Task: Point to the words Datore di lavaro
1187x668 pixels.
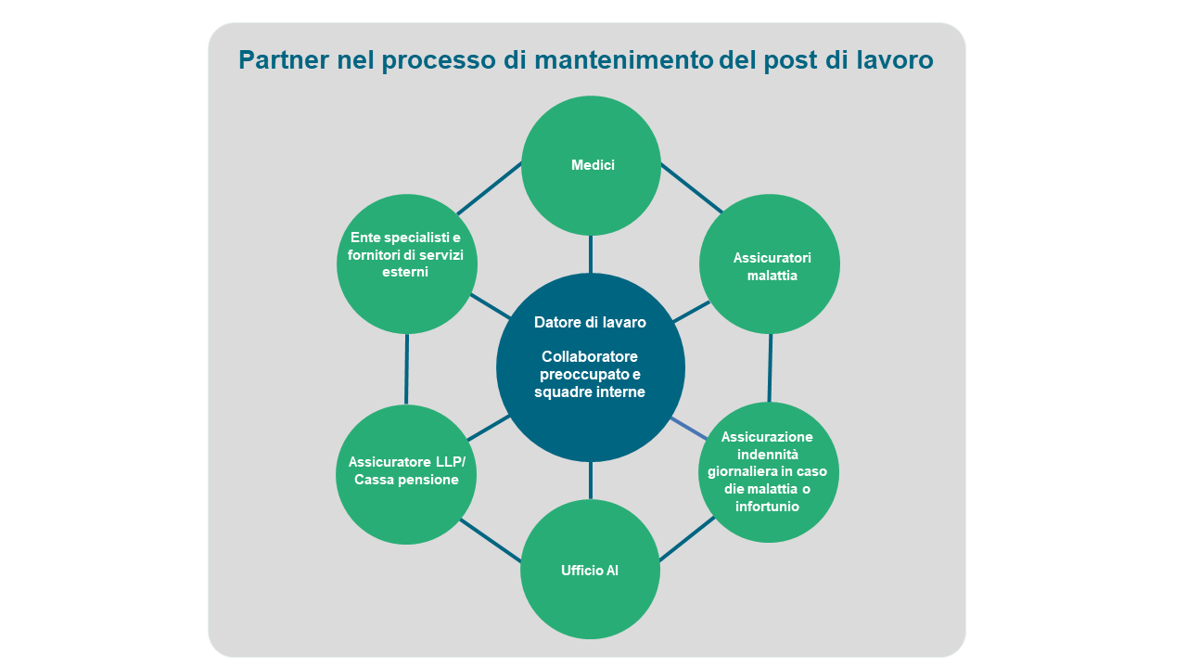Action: (590, 322)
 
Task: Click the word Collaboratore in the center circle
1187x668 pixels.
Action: (590, 356)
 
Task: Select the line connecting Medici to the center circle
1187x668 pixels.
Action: (591, 254)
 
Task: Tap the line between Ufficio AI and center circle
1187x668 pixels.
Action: (591, 481)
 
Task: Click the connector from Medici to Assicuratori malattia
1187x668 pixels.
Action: (692, 188)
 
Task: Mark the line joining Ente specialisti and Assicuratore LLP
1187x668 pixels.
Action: (406, 369)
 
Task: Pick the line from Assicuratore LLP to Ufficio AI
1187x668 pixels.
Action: (491, 540)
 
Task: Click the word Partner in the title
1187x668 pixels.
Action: (275, 59)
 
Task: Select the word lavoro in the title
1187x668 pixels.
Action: (892, 59)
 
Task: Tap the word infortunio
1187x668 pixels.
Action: (768, 507)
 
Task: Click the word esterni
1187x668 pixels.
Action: (405, 272)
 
